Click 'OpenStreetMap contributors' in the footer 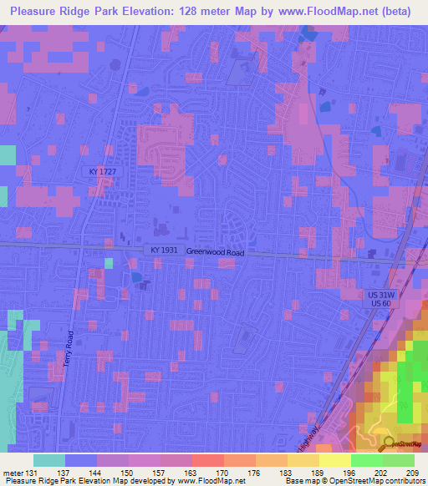click(x=374, y=482)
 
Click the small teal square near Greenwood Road click(x=108, y=264)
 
